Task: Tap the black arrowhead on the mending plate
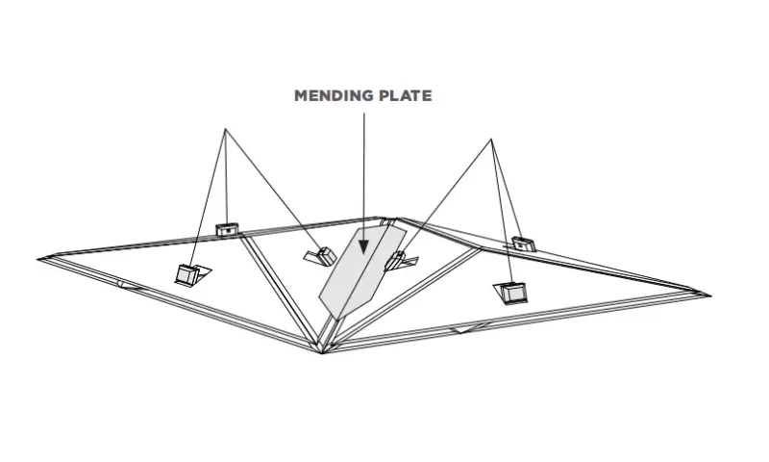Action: click(x=363, y=246)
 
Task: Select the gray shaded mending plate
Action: click(x=362, y=271)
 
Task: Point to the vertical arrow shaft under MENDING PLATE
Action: click(x=364, y=177)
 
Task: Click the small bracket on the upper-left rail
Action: click(x=228, y=229)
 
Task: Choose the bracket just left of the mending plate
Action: click(x=322, y=256)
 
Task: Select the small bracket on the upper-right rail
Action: click(x=521, y=243)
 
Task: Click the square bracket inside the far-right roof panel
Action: click(x=512, y=294)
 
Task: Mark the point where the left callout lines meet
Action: click(x=225, y=129)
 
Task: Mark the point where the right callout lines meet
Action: click(x=491, y=140)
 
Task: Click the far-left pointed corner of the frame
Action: click(x=37, y=259)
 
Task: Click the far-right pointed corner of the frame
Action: click(x=710, y=296)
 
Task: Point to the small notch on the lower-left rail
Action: click(x=129, y=285)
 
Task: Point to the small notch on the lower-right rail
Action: click(x=469, y=328)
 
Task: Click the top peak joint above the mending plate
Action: click(x=387, y=218)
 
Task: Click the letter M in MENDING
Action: click(x=300, y=95)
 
